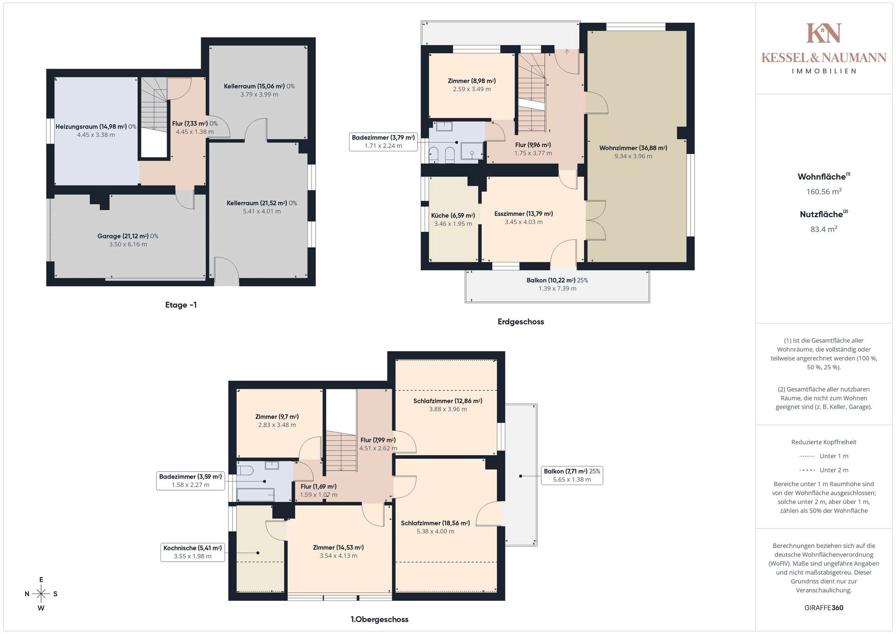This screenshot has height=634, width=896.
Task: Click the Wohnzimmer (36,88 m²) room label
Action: (633, 148)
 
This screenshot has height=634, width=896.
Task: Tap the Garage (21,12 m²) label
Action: (123, 236)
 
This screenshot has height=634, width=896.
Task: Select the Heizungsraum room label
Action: (77, 127)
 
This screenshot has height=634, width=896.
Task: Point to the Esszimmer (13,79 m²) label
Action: (524, 214)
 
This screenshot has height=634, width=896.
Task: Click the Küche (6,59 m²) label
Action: (453, 216)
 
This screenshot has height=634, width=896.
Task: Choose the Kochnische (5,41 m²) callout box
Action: (193, 552)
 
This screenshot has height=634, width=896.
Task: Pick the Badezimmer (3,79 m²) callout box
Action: (383, 142)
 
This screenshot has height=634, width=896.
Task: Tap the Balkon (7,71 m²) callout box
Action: (572, 475)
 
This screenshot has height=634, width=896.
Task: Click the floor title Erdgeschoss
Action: (521, 322)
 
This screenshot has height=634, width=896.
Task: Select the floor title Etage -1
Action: (181, 305)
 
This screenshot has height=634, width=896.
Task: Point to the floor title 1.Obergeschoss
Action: (379, 620)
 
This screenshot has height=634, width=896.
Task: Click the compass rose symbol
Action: (41, 594)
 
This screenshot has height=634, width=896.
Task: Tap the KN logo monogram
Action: (824, 33)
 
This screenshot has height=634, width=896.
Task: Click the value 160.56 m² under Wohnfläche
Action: (824, 191)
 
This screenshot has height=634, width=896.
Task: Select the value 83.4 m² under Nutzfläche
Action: (824, 229)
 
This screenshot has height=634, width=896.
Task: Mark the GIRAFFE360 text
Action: (824, 608)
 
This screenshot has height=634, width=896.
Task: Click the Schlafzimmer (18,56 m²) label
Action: (435, 523)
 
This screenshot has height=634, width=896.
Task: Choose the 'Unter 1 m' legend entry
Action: (824, 456)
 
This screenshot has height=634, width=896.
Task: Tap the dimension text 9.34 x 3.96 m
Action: (633, 156)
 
